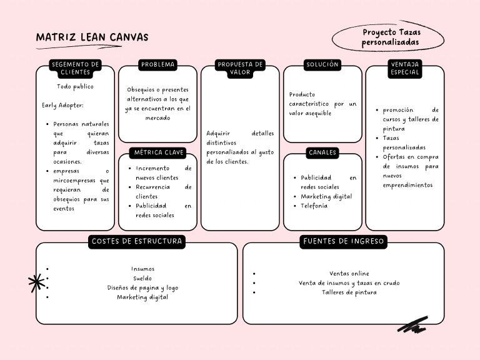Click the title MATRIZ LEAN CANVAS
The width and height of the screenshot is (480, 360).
pos(92,37)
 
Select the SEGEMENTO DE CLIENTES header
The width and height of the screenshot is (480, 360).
pos(75,68)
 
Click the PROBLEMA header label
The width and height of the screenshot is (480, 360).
pos(157,64)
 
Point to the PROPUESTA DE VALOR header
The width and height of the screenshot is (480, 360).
pos(240,68)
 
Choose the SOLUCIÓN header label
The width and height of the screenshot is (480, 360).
pos(322,64)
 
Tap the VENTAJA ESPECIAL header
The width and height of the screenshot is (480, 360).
pos(404,68)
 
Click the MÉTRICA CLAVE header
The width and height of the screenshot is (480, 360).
pos(157,152)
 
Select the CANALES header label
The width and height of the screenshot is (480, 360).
pos(322,152)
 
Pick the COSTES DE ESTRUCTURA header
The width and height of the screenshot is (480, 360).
pos(137,241)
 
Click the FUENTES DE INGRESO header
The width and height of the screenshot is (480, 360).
pos(344,241)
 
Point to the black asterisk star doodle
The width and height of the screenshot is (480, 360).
pos(36,283)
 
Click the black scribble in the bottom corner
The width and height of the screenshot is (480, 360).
pos(412,324)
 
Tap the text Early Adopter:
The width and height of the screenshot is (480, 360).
pos(62,106)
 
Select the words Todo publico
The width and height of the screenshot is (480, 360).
pos(75,87)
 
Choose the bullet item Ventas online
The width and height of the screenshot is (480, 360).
pos(349,273)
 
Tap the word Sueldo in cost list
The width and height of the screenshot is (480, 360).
pos(142,278)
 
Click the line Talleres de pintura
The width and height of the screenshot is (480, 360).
pos(349,292)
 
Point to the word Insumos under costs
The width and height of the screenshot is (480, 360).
pos(142,269)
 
